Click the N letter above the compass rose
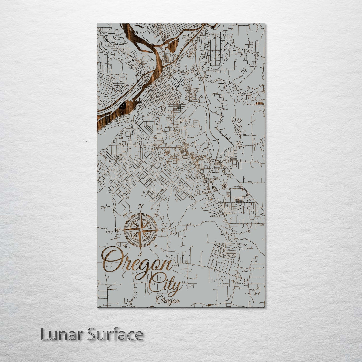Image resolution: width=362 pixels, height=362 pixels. coord(141,207)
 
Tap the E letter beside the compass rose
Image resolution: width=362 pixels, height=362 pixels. coord(163,231)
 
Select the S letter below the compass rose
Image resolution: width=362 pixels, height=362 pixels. coord(141,253)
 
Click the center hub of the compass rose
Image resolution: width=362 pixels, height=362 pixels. coord(141,230)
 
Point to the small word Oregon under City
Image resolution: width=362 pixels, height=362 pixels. coord(168,300)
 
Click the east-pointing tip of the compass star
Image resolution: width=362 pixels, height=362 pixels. coord(159,230)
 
